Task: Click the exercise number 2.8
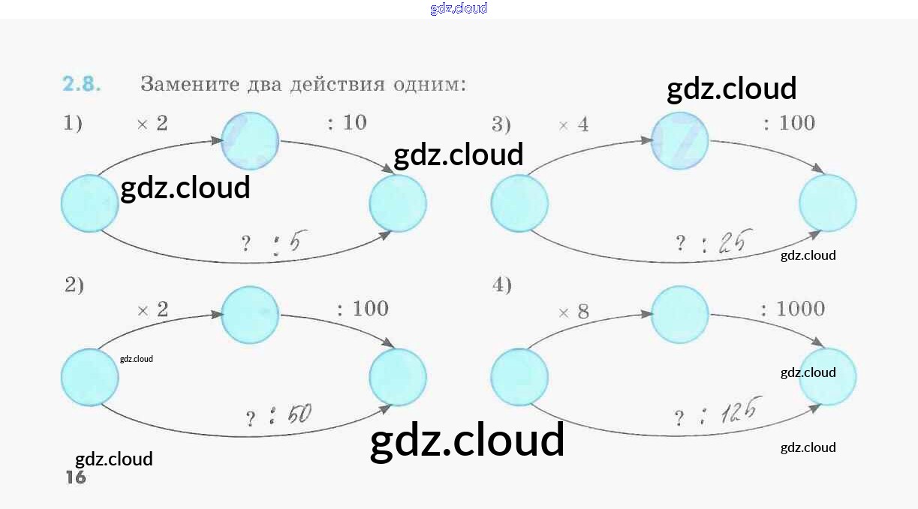pyautogui.click(x=81, y=84)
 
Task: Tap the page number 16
pyautogui.click(x=76, y=477)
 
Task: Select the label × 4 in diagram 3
pyautogui.click(x=573, y=125)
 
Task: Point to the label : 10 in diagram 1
pyautogui.click(x=347, y=122)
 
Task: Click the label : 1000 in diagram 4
pyautogui.click(x=792, y=309)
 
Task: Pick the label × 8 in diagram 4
pyautogui.click(x=573, y=312)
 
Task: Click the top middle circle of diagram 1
pyautogui.click(x=250, y=140)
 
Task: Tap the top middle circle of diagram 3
pyautogui.click(x=679, y=140)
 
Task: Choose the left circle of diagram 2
pyautogui.click(x=90, y=377)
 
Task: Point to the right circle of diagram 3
pyautogui.click(x=828, y=203)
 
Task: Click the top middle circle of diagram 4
pyautogui.click(x=679, y=315)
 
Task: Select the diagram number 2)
pyautogui.click(x=74, y=285)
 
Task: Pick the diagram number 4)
pyautogui.click(x=502, y=285)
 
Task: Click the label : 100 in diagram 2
pyautogui.click(x=363, y=309)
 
